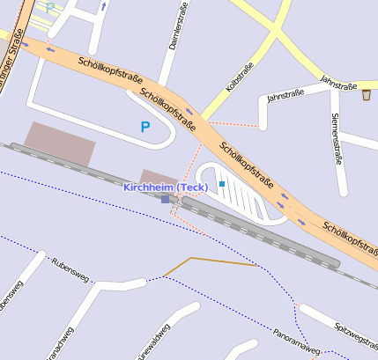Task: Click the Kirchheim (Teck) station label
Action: (x=166, y=187)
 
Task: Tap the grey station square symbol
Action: (x=165, y=199)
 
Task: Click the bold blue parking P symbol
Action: (x=145, y=127)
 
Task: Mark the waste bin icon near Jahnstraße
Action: (x=366, y=94)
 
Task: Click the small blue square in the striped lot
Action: (x=222, y=183)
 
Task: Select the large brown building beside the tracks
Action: (x=58, y=143)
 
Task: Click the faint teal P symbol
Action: (x=50, y=7)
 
